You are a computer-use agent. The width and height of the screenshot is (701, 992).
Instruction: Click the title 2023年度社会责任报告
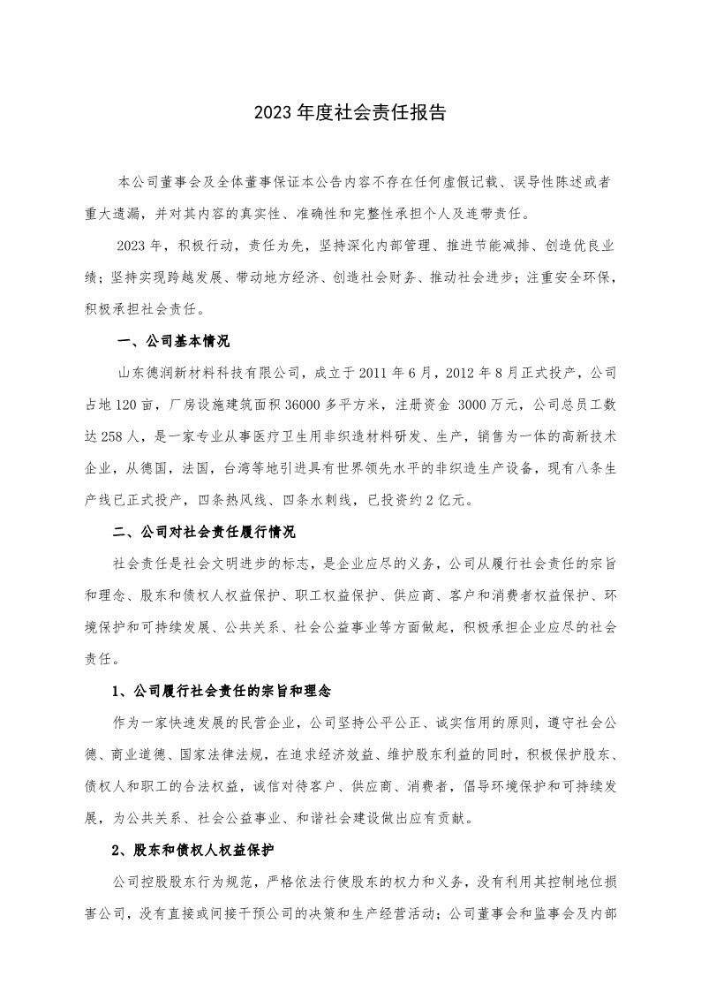[350, 113]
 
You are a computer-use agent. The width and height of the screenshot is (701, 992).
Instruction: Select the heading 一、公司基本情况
[173, 341]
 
